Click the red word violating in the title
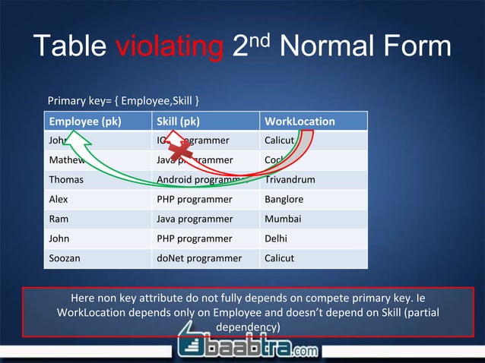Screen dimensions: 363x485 (x=168, y=47)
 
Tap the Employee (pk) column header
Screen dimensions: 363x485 (x=84, y=122)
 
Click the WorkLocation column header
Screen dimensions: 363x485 (x=299, y=122)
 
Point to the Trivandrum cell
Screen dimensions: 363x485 (x=289, y=180)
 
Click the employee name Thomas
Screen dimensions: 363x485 (x=66, y=180)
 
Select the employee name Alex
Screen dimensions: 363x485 (x=59, y=200)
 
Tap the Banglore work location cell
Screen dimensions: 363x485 (x=284, y=200)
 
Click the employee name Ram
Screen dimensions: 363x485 (x=59, y=219)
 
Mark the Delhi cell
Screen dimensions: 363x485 (x=277, y=239)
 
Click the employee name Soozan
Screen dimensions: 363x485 (x=65, y=258)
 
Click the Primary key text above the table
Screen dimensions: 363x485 (x=124, y=100)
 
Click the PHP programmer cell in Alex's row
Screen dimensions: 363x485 (x=194, y=200)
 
